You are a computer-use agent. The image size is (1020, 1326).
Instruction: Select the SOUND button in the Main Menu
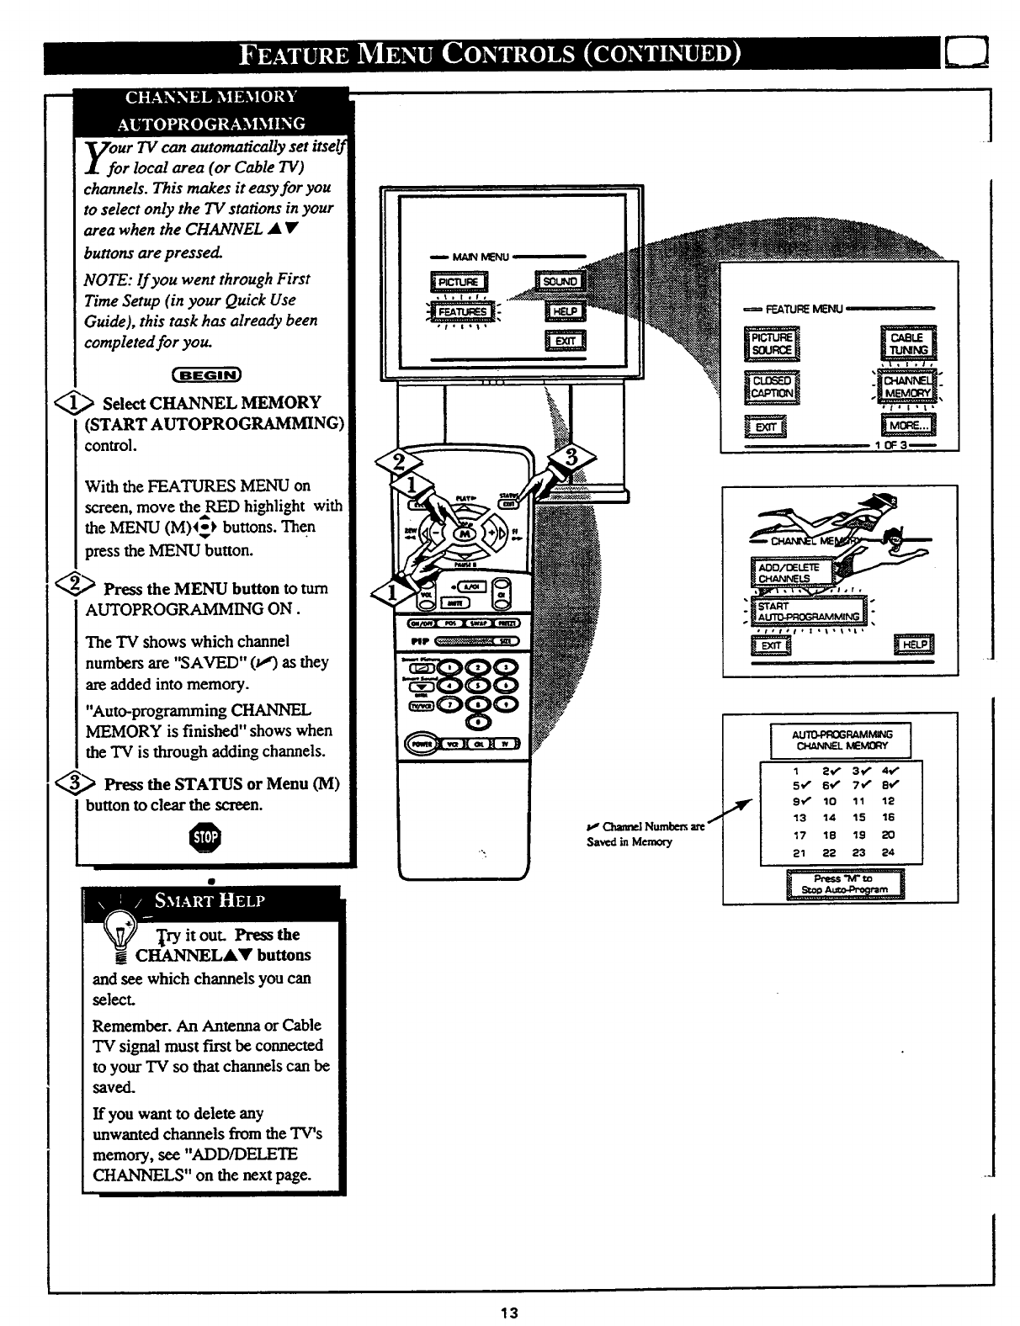pos(560,281)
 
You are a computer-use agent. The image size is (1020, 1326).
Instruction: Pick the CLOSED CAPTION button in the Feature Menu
pos(772,386)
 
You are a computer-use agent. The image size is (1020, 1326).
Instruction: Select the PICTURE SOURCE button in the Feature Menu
pos(772,343)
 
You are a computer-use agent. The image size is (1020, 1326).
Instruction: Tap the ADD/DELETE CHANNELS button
pos(789,573)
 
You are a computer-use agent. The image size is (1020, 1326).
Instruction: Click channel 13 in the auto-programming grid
pos(800,817)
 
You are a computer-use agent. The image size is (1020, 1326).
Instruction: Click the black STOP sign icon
pos(206,837)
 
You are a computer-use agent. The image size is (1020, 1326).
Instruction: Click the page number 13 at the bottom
pos(508,1313)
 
